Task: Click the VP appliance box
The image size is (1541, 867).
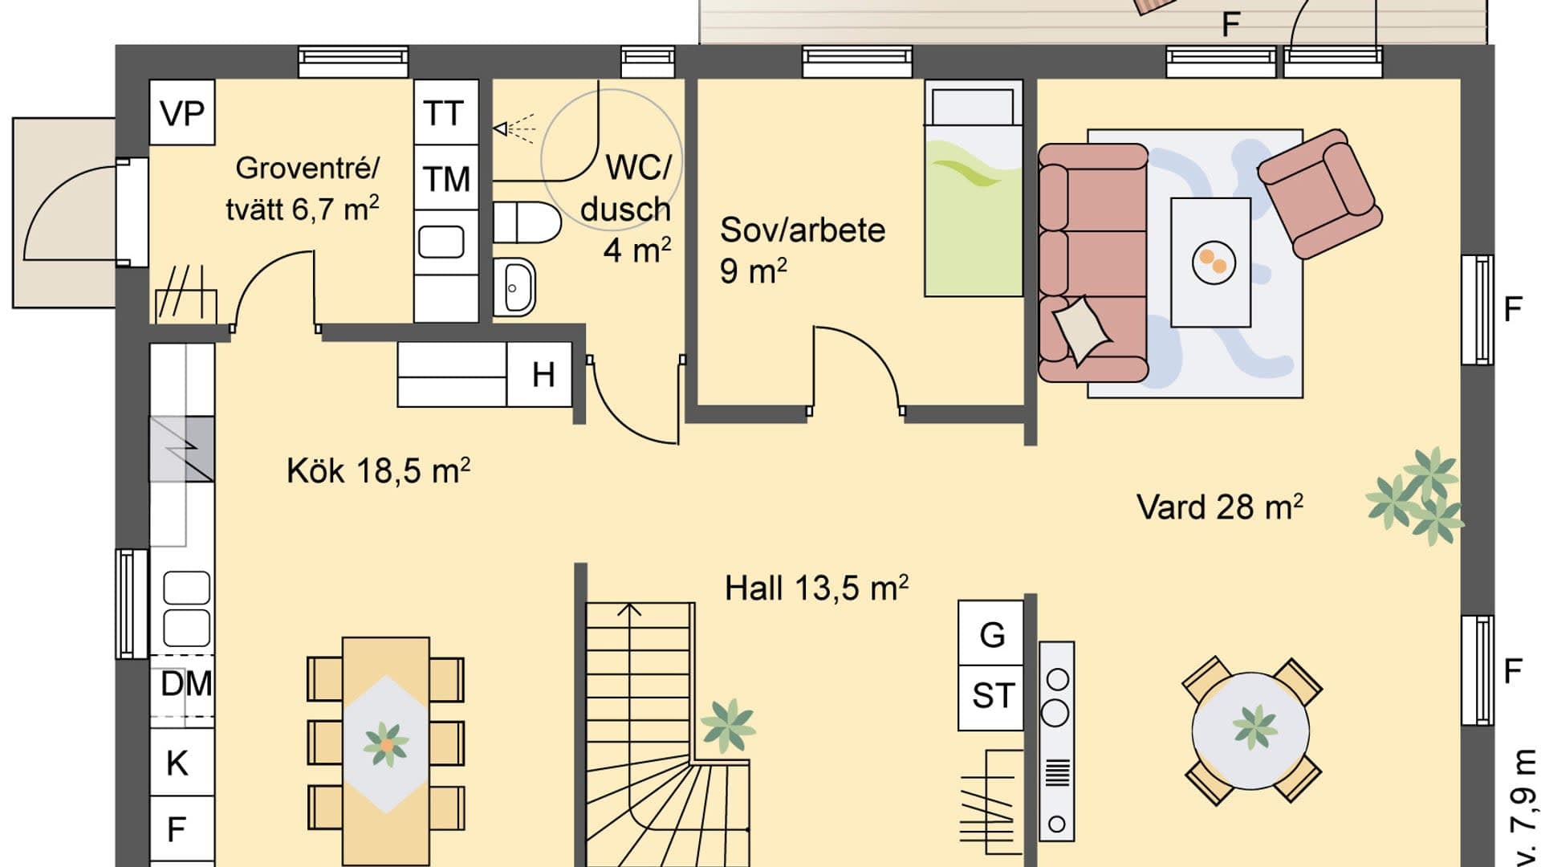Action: tap(182, 112)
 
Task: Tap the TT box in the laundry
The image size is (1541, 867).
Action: tap(446, 112)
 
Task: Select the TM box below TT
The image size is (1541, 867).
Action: tap(446, 178)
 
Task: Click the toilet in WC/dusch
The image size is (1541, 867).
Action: tap(527, 222)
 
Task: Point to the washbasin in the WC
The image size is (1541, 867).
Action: tap(514, 287)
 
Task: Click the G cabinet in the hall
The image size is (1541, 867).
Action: tap(991, 633)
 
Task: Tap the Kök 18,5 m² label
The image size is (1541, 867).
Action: tap(378, 470)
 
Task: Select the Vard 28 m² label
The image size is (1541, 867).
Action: tap(1219, 507)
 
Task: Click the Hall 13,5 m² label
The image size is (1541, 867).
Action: tap(816, 588)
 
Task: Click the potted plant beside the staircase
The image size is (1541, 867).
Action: tap(728, 725)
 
